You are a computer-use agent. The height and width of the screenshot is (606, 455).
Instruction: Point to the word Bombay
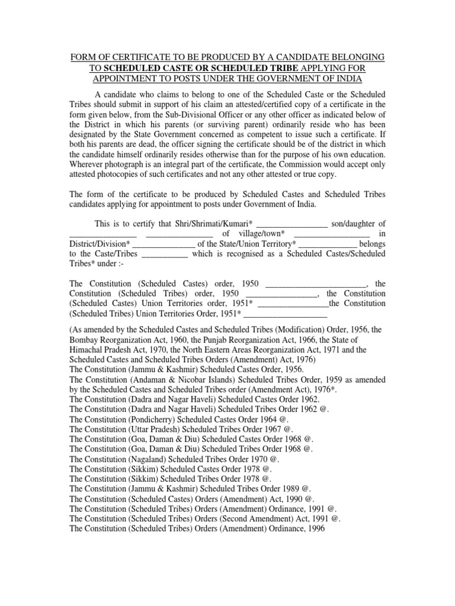click(x=85, y=340)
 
